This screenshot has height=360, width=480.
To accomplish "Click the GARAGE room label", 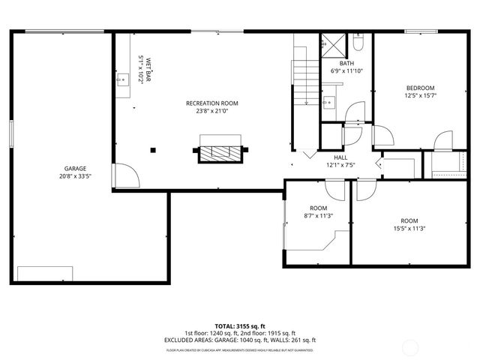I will (x=75, y=169).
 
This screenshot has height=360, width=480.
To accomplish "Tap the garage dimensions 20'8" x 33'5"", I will (x=75, y=177).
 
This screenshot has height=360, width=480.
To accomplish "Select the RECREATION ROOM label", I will (x=212, y=103).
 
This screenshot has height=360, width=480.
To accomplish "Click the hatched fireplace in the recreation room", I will (x=220, y=152).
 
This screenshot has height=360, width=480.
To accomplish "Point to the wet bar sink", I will (x=121, y=78).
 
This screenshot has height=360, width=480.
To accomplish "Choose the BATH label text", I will (x=346, y=64).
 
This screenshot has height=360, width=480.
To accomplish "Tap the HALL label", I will (x=340, y=157).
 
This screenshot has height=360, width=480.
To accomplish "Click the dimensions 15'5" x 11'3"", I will (x=409, y=229).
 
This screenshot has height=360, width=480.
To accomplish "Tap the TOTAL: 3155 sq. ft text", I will (x=240, y=326).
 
